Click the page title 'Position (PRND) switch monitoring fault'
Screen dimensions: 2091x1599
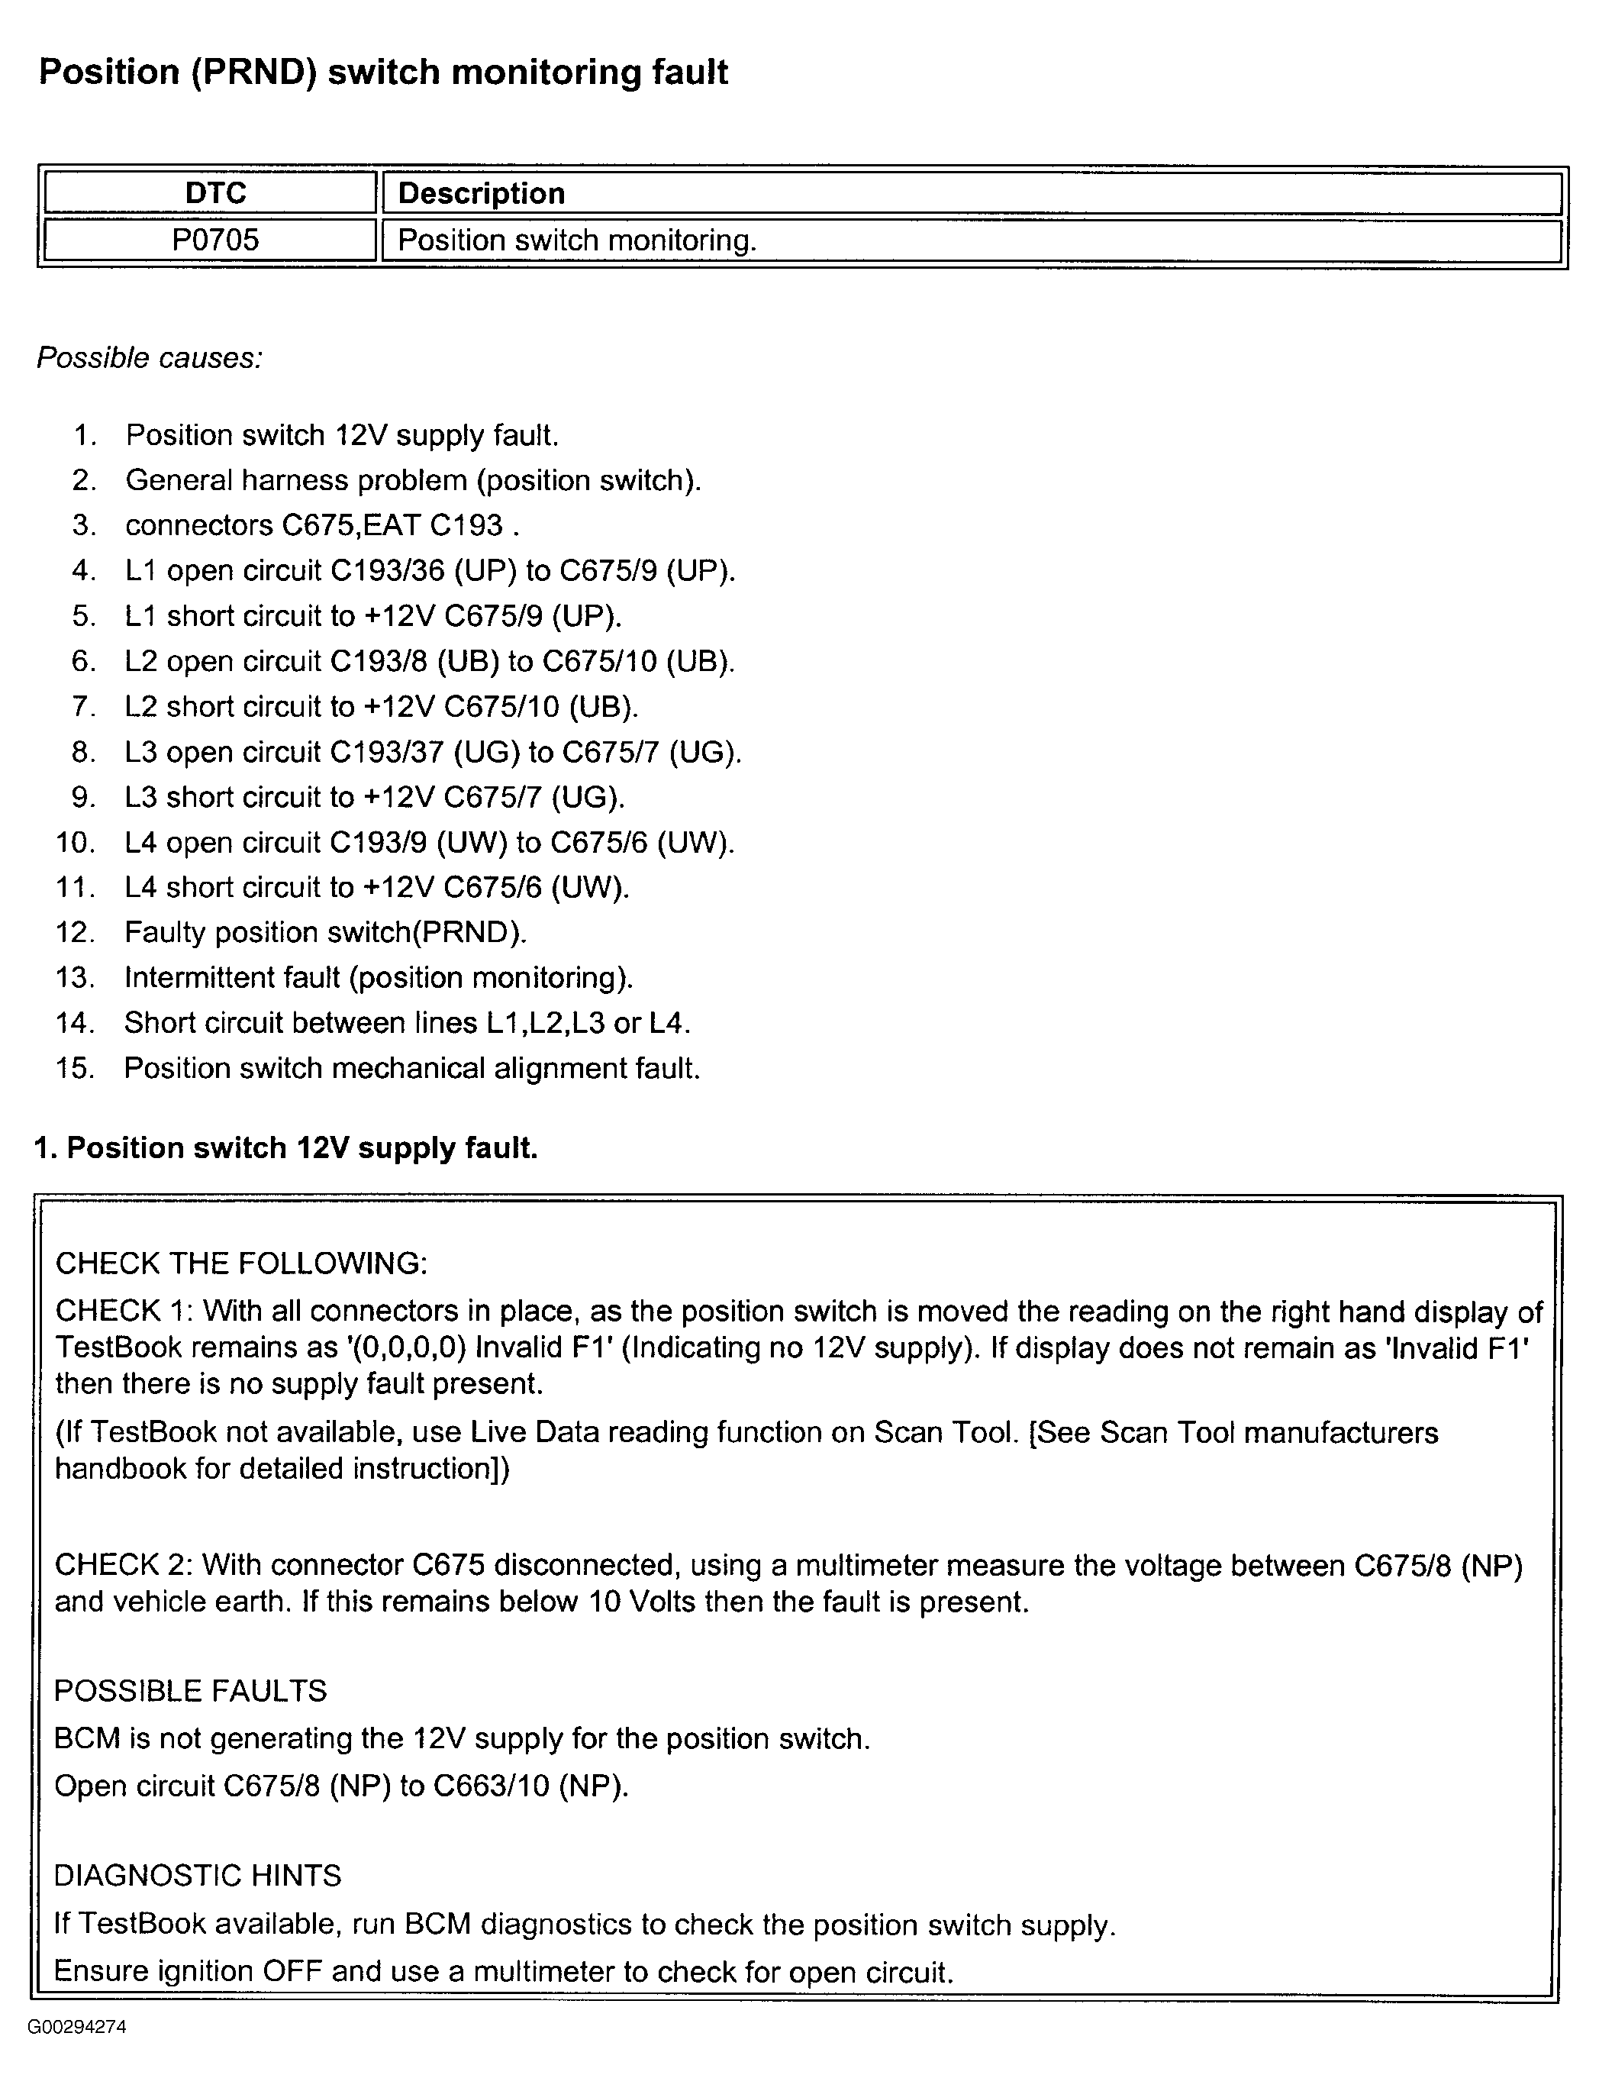click(x=382, y=73)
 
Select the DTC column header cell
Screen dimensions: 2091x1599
click(x=215, y=193)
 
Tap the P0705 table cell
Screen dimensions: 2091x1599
click(x=215, y=240)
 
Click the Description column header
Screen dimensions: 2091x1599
click(x=482, y=193)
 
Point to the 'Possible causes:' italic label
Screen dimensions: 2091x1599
click(x=150, y=358)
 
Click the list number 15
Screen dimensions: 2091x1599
click(x=76, y=1068)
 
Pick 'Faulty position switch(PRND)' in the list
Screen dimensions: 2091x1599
click(x=325, y=932)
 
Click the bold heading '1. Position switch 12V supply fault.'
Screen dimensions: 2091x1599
click(x=286, y=1148)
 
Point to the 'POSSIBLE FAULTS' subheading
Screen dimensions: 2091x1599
click(x=190, y=1690)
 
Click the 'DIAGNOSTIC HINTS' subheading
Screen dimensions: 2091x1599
click(x=198, y=1875)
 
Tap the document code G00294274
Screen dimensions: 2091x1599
click(x=77, y=2026)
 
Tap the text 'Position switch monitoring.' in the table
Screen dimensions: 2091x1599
click(x=577, y=240)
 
